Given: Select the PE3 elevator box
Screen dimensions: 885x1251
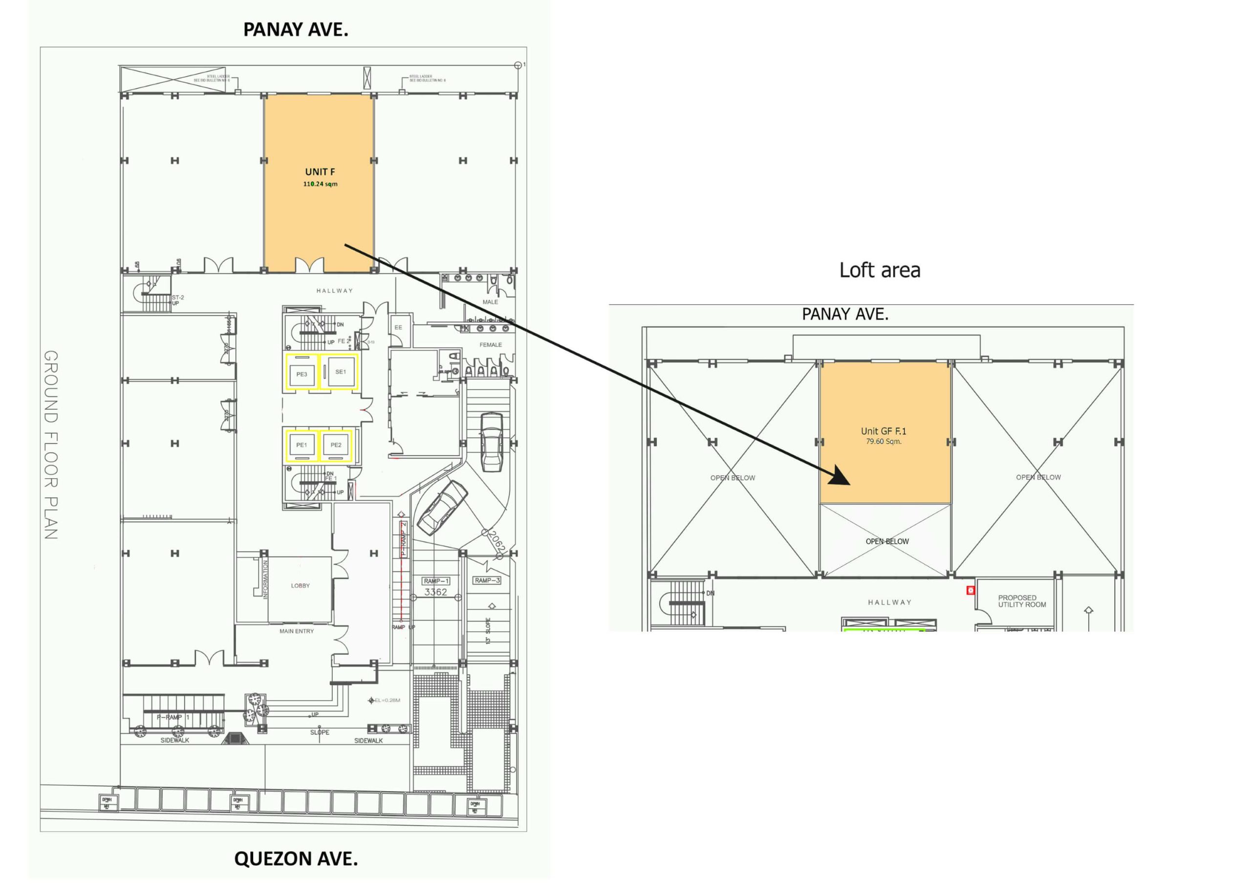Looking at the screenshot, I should coord(302,374).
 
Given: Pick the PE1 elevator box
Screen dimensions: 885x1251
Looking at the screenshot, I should coord(302,445).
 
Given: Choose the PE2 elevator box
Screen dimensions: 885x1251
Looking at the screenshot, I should coord(336,445).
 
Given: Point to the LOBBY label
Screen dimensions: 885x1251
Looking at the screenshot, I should coord(300,586).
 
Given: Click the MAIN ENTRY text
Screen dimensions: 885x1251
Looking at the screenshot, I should coord(297,631).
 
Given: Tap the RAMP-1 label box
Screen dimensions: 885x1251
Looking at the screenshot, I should coord(436,581).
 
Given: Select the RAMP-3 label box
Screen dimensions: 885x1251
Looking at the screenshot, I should coord(487,580).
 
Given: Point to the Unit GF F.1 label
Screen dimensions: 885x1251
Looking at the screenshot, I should coord(884,431).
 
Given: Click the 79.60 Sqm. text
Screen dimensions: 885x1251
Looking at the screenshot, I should coord(884,442).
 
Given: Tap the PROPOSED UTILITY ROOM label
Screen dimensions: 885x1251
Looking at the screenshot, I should coord(1022,601).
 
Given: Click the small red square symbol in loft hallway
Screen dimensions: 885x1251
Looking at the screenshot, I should coord(971,590).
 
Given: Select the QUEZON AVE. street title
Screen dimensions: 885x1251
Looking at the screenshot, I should coord(296,859).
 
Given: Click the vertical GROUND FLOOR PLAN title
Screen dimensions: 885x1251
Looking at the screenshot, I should coord(51,444).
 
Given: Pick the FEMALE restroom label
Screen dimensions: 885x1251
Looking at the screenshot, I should coord(490,345).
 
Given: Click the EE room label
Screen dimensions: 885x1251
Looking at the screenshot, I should coord(398,327).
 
